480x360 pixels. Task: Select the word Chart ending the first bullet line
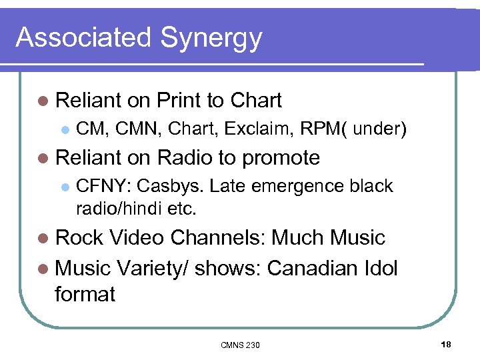[x=256, y=101]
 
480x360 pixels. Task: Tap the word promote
[x=281, y=158]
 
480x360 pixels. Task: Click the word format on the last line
[x=85, y=293]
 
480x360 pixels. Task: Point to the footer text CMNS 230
[x=240, y=345]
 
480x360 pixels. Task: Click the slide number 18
[x=446, y=344]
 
